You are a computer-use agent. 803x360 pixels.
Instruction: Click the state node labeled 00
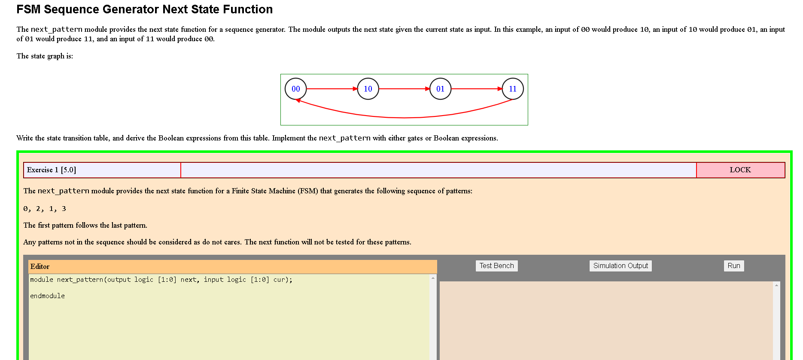click(296, 89)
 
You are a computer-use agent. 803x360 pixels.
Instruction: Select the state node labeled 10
click(368, 89)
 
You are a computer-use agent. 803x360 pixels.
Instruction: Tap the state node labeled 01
click(440, 89)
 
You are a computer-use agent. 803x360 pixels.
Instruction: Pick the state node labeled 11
click(513, 89)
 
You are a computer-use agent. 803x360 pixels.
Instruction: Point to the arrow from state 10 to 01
click(404, 89)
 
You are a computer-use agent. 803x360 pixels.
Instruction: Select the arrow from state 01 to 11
click(477, 89)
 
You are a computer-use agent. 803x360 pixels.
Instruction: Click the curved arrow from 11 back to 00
click(404, 117)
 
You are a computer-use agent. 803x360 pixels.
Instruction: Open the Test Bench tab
click(496, 266)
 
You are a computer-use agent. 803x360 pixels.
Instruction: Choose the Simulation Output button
click(620, 266)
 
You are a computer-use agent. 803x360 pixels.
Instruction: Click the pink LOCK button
click(740, 170)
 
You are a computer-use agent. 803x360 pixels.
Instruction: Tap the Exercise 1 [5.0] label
click(52, 170)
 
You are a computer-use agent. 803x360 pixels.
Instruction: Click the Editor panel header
click(232, 267)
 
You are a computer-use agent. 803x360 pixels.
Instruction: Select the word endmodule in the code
click(47, 296)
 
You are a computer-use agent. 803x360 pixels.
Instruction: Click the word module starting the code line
click(42, 280)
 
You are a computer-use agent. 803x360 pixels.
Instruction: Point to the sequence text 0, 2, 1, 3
click(45, 209)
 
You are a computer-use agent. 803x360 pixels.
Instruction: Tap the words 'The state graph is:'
click(45, 56)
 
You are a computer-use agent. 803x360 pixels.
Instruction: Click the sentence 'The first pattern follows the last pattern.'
click(85, 226)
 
